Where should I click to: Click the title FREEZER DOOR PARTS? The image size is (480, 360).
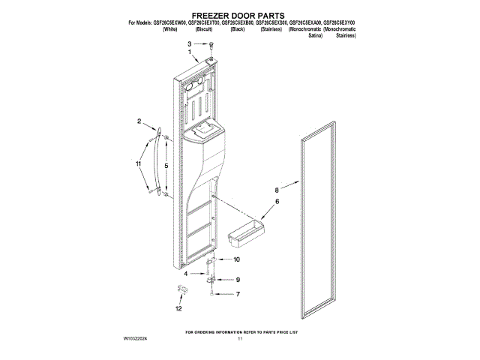pos(240,14)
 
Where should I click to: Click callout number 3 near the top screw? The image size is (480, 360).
pos(190,45)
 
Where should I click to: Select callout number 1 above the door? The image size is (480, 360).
pos(190,52)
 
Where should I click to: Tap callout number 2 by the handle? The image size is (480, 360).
pos(139,121)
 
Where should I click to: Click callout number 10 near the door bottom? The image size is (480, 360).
pos(237,259)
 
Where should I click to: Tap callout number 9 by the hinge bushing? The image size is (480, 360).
pos(237,280)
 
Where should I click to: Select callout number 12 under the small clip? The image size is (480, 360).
pos(178,308)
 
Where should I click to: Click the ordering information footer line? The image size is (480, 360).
pos(240,331)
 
